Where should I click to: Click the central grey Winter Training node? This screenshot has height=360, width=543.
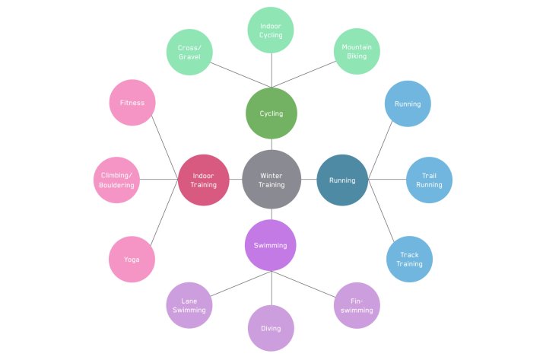271,180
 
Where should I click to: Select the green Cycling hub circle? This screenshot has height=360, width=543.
271,113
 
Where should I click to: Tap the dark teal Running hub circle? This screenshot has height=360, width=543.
341,180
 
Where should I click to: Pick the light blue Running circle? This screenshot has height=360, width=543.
408,104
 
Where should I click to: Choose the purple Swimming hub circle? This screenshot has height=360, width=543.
271,245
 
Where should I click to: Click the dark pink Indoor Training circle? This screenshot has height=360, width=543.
203,180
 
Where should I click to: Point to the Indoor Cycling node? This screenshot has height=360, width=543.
271,30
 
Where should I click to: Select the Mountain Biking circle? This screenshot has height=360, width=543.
356,52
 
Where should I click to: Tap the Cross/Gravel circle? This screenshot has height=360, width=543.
189,52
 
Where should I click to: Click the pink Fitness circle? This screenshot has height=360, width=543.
132,103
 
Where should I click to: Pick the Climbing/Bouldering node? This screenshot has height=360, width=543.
117,180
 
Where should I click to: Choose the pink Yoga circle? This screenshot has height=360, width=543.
132,259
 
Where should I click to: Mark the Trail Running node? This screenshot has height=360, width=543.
430,180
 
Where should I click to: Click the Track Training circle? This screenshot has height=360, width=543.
409,259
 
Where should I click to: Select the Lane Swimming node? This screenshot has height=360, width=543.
189,305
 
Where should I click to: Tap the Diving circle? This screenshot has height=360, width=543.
271,328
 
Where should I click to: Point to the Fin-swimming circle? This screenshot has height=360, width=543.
356,305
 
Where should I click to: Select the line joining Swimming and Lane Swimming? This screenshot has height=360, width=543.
232,286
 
